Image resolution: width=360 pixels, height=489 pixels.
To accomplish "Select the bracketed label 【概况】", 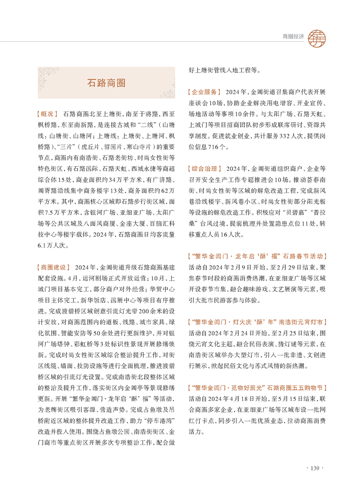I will [47, 113].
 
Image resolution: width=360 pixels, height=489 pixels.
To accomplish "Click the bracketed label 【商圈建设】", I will [53, 267].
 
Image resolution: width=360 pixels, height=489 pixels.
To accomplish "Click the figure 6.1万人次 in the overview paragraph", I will [51, 245].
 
